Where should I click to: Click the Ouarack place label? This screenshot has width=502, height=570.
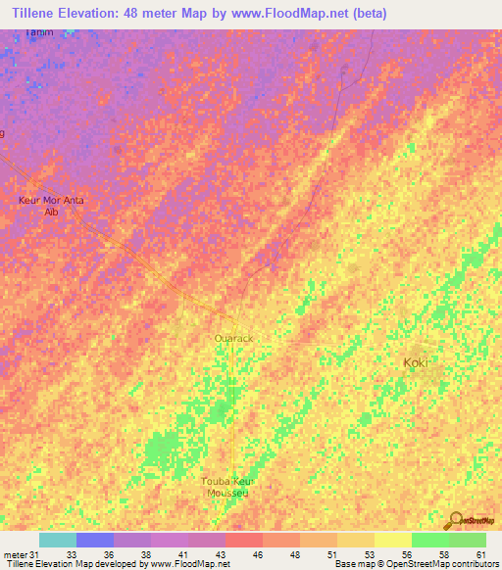coord(233,338)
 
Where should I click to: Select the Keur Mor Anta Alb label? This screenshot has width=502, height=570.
coord(52,206)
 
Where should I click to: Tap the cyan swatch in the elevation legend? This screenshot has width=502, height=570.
coord(57,540)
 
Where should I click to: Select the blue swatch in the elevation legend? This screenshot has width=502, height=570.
coord(94,540)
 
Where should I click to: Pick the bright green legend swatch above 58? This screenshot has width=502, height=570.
coord(429,540)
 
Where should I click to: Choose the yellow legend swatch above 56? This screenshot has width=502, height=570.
coord(392,540)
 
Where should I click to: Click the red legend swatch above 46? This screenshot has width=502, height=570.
coord(243,540)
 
